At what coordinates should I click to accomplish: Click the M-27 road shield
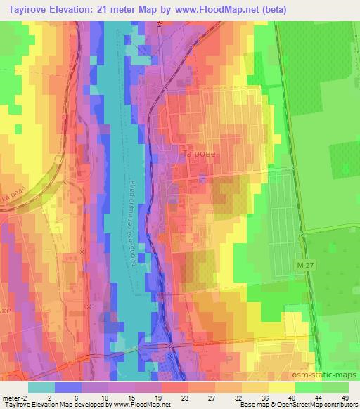tap(302, 262)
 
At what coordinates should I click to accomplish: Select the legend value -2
tap(23, 397)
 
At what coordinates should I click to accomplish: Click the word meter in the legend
tap(11, 397)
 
